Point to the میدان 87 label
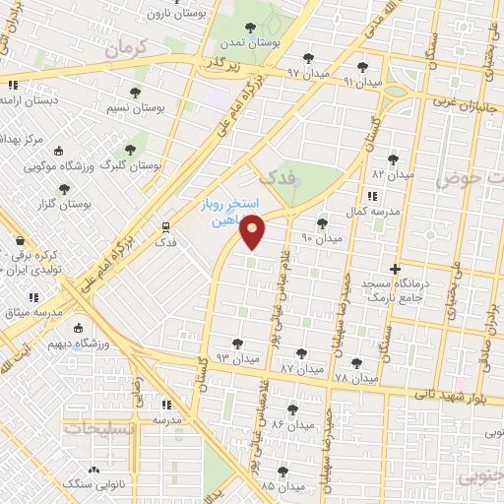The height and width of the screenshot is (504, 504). [x=301, y=367]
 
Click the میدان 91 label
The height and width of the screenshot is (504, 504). [x=362, y=81]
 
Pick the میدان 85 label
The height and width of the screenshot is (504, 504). [x=282, y=486]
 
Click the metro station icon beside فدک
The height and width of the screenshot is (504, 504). [x=163, y=227]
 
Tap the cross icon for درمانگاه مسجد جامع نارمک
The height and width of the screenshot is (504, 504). [x=395, y=269]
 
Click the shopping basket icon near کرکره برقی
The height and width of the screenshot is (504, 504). [x=20, y=240]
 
